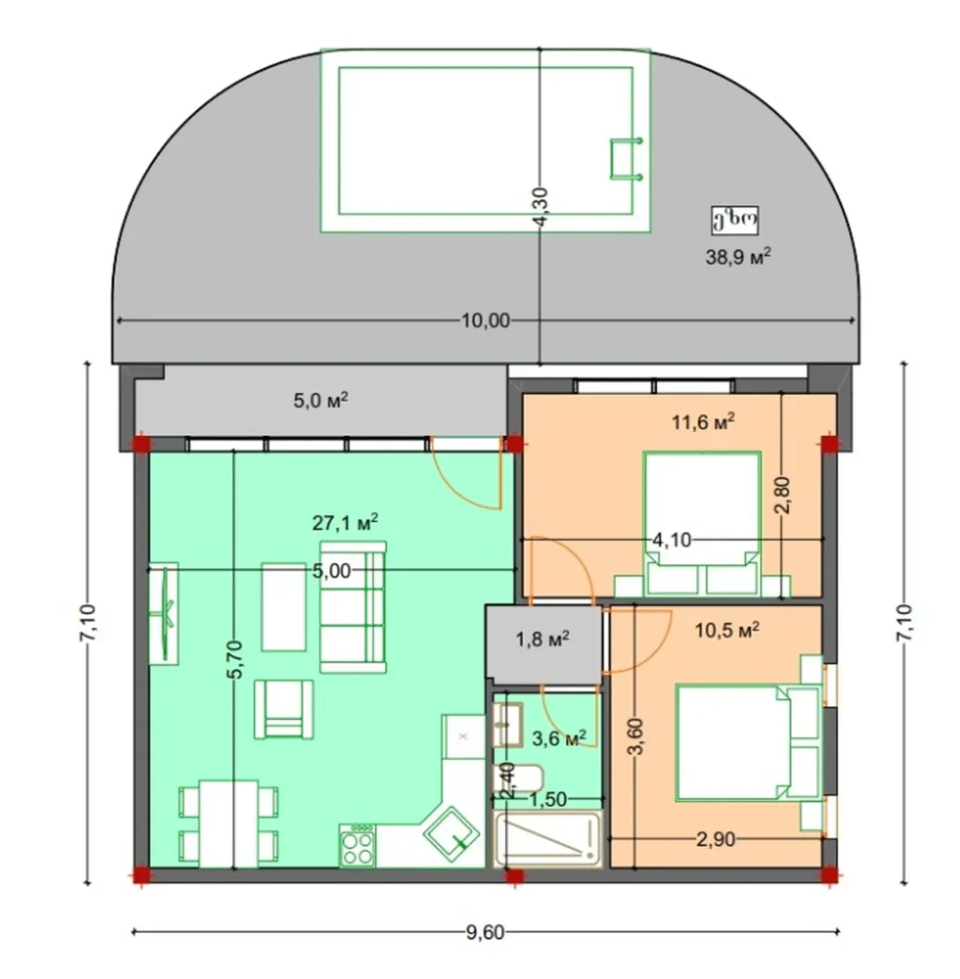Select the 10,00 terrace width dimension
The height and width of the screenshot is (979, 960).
pos(485,320)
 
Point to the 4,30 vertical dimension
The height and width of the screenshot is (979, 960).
pos(540,207)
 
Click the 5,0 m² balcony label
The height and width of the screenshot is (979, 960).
pos(319,401)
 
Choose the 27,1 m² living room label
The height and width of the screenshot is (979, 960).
pos(345,522)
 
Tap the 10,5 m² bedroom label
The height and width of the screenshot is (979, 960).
pos(728,629)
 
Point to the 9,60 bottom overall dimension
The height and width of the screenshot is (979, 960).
pos(485,933)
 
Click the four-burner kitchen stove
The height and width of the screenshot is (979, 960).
pos(359,846)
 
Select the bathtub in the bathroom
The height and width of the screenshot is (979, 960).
pos(547,840)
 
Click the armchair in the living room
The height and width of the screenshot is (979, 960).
pos(283,709)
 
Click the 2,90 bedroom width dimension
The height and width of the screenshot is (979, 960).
pos(715,838)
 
